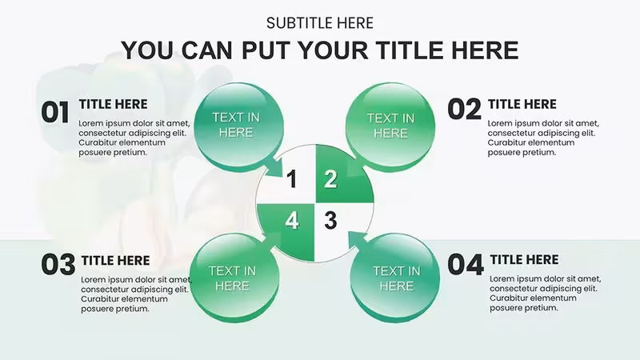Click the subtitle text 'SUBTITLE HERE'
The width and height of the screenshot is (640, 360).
pyautogui.click(x=319, y=23)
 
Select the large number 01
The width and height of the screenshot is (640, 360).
pyautogui.click(x=55, y=113)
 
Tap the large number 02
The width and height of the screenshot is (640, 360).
pyautogui.click(x=465, y=110)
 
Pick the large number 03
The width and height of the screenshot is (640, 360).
pyautogui.click(x=58, y=265)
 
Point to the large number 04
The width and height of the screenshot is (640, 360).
pyautogui.click(x=466, y=264)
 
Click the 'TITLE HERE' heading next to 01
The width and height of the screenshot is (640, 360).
pyautogui.click(x=113, y=105)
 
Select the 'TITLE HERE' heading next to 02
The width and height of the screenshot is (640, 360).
pyautogui.click(x=522, y=105)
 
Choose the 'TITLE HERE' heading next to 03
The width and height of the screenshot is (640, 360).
pyautogui.click(x=115, y=261)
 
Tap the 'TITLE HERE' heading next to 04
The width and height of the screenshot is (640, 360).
pyautogui.click(x=524, y=259)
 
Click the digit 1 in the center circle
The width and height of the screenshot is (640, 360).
pyautogui.click(x=291, y=179)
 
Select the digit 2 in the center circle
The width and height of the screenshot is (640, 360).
pyautogui.click(x=330, y=179)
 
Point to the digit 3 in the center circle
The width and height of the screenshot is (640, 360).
pyautogui.click(x=330, y=221)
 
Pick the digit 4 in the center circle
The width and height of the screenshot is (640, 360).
pyautogui.click(x=292, y=221)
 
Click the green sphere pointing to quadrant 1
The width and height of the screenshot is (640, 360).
pyautogui.click(x=238, y=126)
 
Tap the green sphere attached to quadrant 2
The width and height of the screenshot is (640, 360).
pyautogui.click(x=390, y=126)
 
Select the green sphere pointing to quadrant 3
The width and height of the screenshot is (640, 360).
pyautogui.click(x=395, y=278)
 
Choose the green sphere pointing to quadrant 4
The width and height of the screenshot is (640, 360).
pyautogui.click(x=234, y=278)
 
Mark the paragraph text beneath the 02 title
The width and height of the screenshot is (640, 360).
pyautogui.click(x=543, y=138)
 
